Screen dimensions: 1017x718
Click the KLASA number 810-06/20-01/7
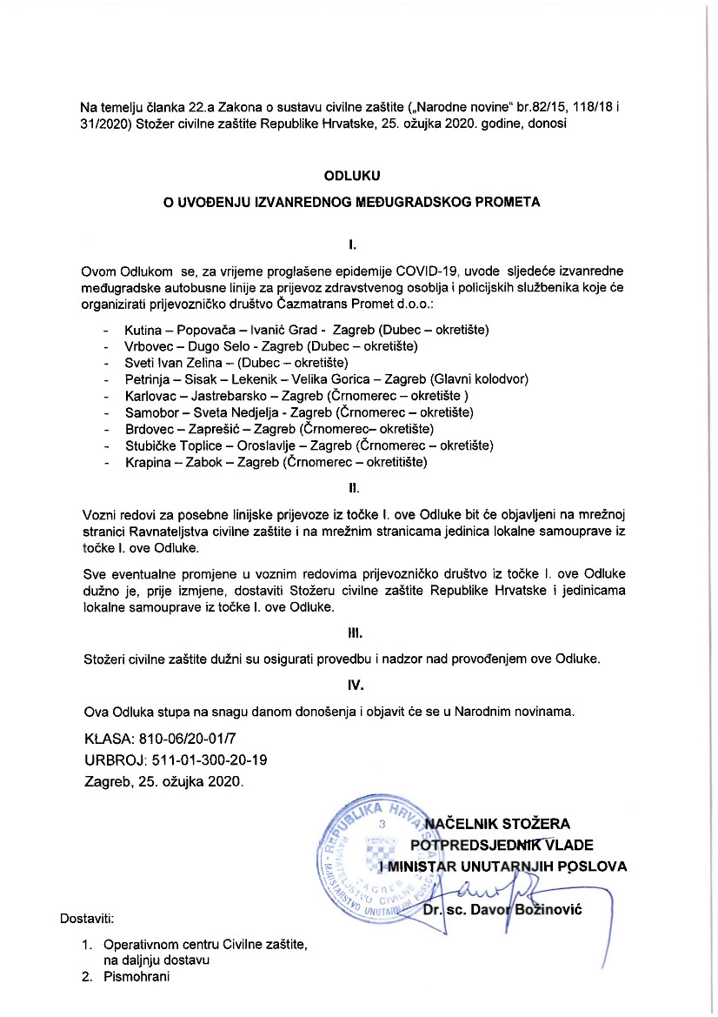tap(186, 739)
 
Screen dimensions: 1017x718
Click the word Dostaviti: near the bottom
tap(87, 918)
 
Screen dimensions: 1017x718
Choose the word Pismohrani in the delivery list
tap(136, 977)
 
